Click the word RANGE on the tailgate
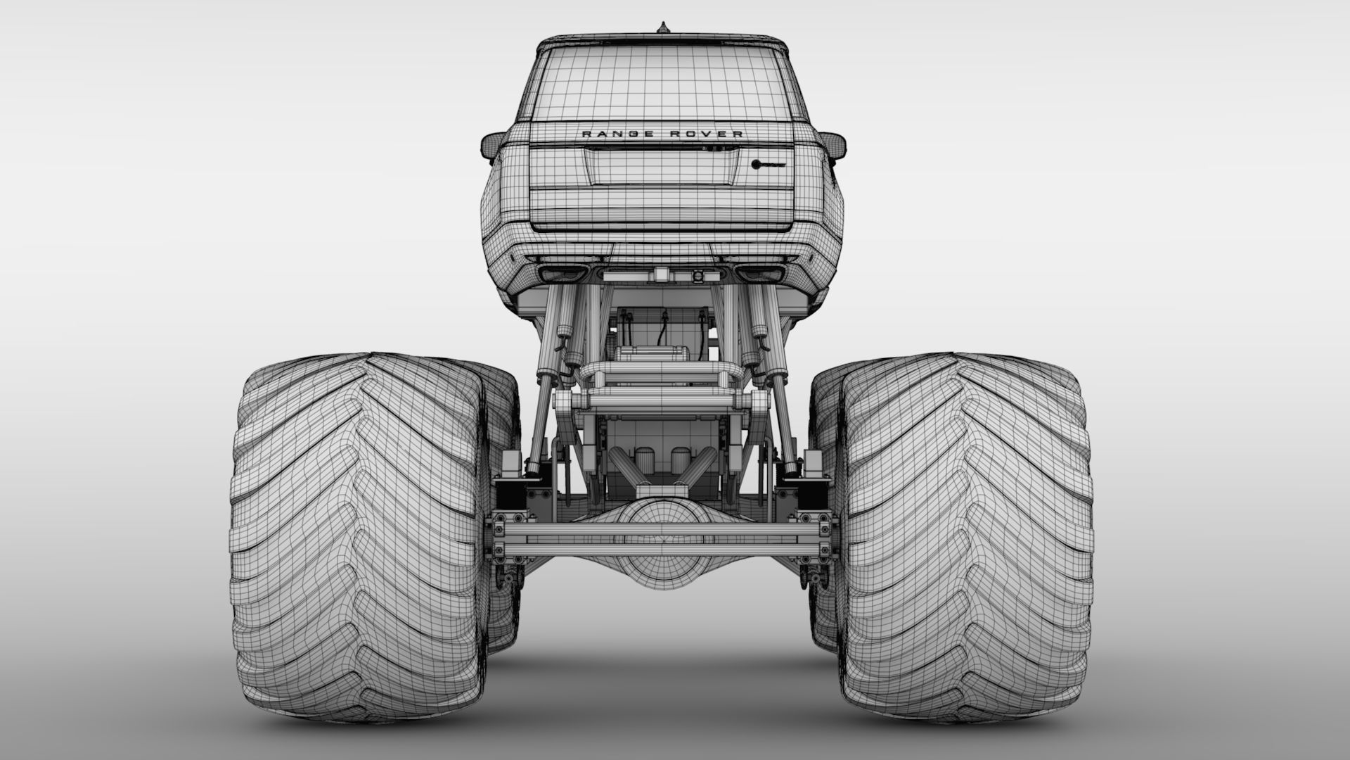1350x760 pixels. [605, 134]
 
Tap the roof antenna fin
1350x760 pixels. [661, 28]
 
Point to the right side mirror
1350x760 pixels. [830, 145]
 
